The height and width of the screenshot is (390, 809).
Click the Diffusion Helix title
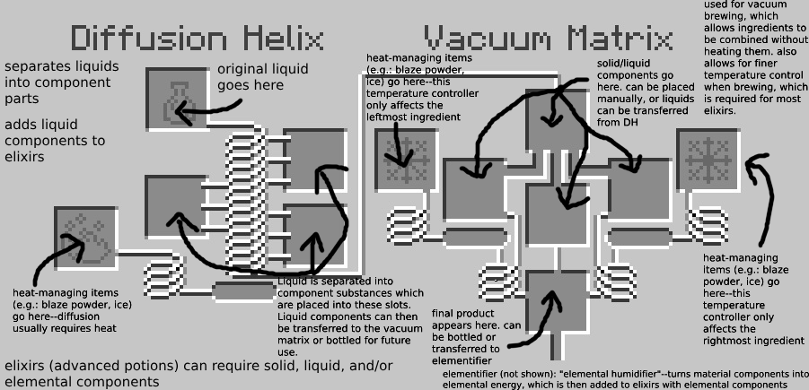pos(198,39)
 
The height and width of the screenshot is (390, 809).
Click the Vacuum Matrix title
pos(549,39)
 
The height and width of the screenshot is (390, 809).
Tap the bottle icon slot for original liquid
pos(176,97)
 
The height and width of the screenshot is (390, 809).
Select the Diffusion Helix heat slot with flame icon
pos(85,237)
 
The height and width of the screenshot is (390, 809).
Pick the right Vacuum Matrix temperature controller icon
pos(707,160)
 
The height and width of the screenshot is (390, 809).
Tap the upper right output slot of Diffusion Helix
pos(314,158)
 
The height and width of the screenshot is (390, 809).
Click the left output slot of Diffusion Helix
pos(175,205)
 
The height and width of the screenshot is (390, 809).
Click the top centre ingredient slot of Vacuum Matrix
pos(556,118)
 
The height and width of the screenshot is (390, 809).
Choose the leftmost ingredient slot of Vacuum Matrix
pos(473,191)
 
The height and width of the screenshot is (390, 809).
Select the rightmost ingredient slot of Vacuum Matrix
pos(638,191)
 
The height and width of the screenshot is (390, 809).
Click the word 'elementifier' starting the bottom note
pos(471,373)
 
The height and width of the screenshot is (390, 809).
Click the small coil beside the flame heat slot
pos(164,272)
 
